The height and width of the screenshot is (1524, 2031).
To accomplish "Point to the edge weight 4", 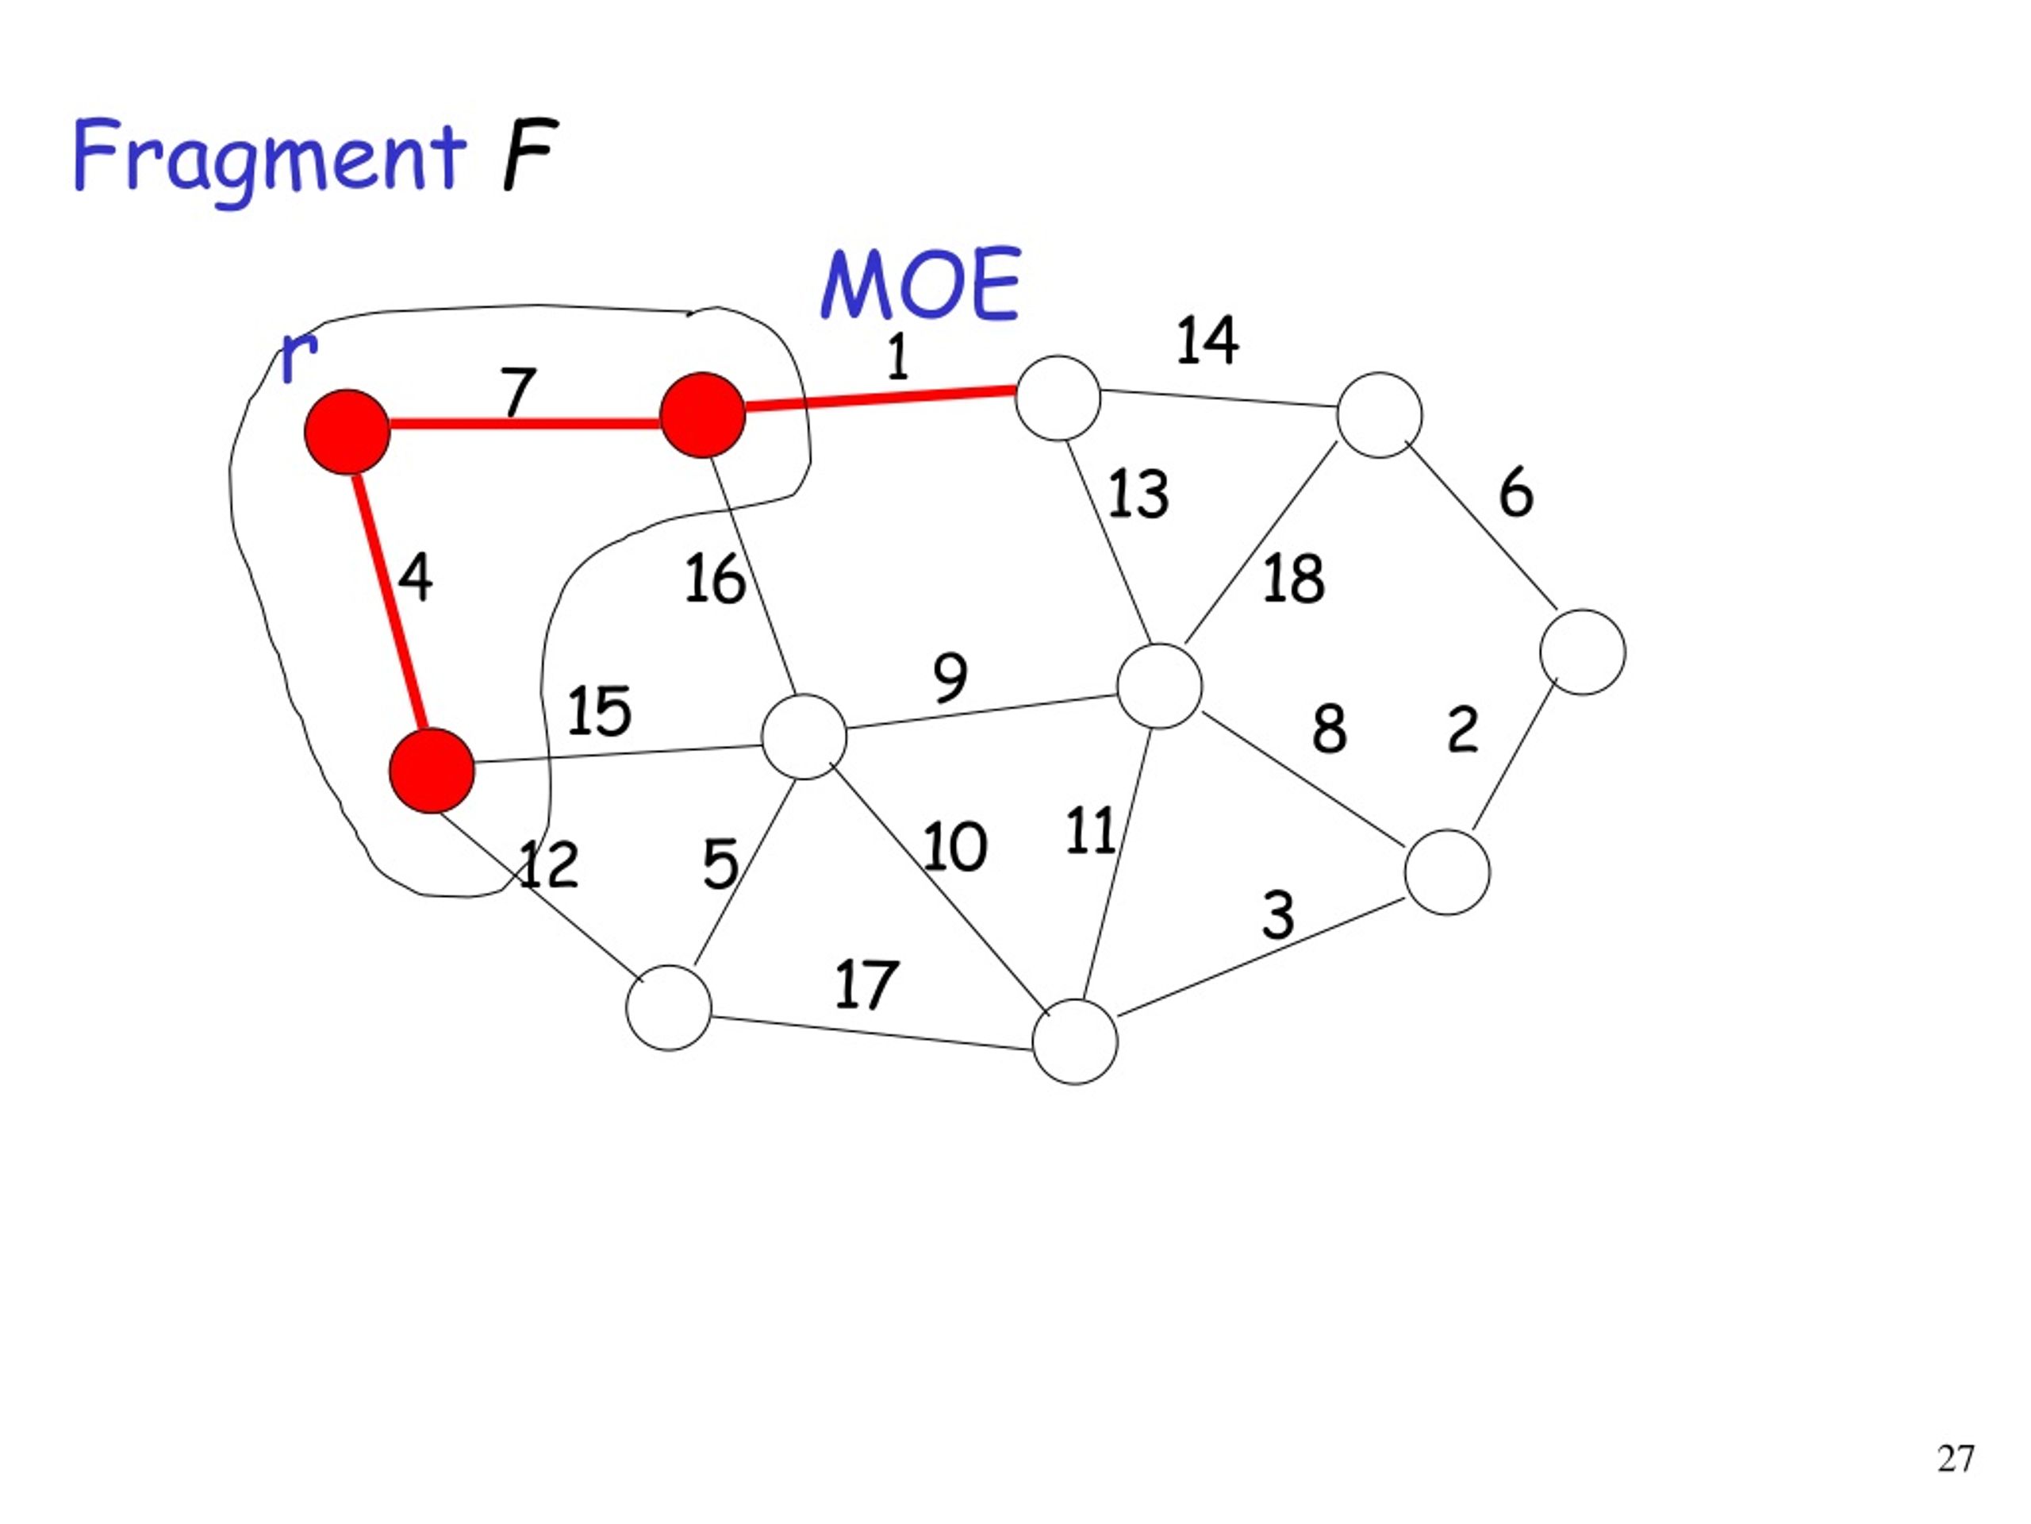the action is pos(415,578).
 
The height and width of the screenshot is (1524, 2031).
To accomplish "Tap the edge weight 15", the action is pos(599,711).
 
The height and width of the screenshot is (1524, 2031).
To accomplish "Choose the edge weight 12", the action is pos(548,864).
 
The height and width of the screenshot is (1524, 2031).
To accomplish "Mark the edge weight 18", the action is pos(1294,579).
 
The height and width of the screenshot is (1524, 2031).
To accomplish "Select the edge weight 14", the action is pos(1207,340).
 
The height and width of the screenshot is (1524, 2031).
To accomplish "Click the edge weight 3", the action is pos(1278,915).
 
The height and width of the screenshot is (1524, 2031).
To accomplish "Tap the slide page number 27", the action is pos(1955,1459).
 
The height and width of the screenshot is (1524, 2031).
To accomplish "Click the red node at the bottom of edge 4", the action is pos(432,771).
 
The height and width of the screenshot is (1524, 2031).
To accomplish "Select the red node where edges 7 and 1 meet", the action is pos(702,415).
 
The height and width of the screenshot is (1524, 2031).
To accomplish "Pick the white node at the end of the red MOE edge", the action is pos(1058,398).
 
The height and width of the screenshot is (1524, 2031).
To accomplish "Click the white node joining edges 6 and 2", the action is pos(1583,652).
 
